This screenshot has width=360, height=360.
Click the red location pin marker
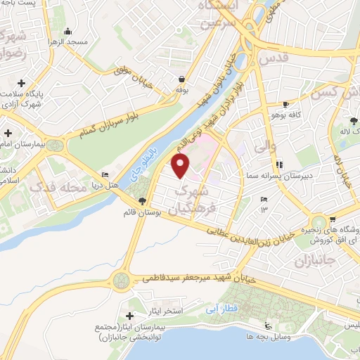coord(181,166)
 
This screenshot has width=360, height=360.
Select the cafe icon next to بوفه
coord(182,79)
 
